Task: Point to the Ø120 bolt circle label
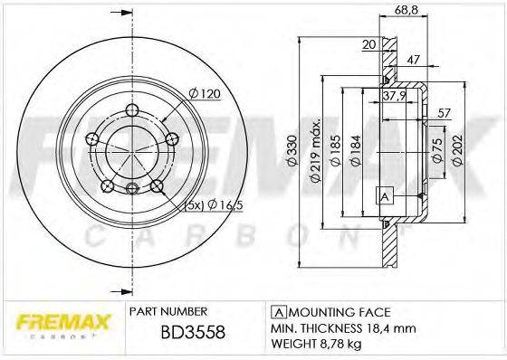click(x=204, y=93)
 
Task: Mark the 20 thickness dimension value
click(x=369, y=43)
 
